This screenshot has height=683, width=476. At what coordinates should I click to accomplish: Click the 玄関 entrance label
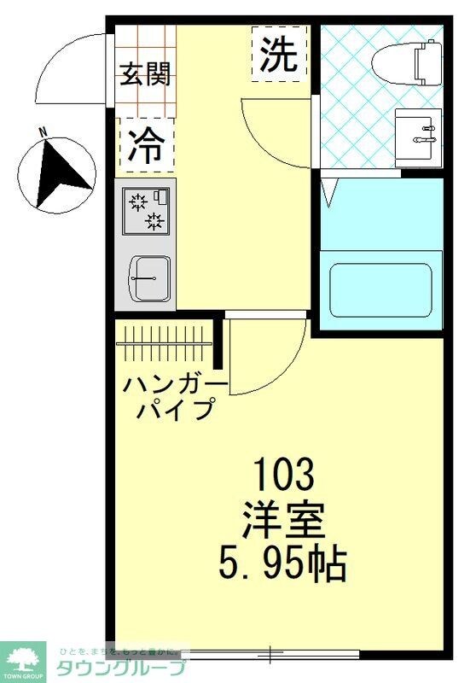pyautogui.click(x=144, y=74)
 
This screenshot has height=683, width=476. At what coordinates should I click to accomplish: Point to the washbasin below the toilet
pyautogui.click(x=419, y=132)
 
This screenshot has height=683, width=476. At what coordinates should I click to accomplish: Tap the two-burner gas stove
pyautogui.click(x=146, y=210)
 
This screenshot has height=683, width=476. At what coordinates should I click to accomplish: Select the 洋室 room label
pyautogui.click(x=286, y=517)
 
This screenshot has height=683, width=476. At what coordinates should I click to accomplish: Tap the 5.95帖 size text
pyautogui.click(x=286, y=563)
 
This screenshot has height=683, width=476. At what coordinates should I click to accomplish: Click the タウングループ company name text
pyautogui.click(x=120, y=667)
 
